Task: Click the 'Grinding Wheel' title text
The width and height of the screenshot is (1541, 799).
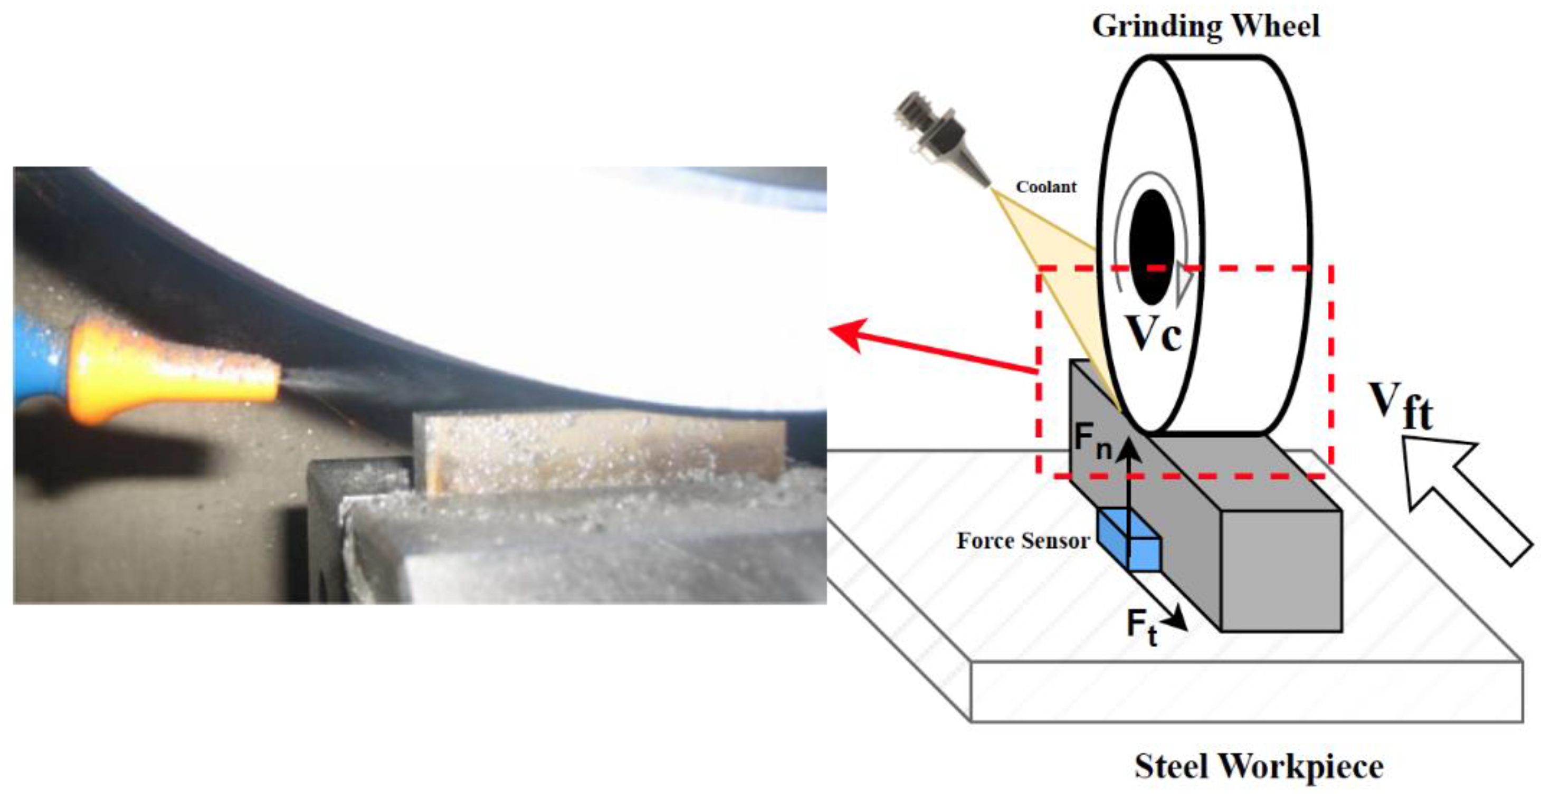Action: pos(1205,26)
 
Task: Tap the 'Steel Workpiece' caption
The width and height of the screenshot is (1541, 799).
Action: pos(1259,766)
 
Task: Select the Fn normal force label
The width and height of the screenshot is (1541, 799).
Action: pos(1092,441)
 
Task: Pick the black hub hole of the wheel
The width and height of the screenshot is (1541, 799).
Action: pos(1152,247)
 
